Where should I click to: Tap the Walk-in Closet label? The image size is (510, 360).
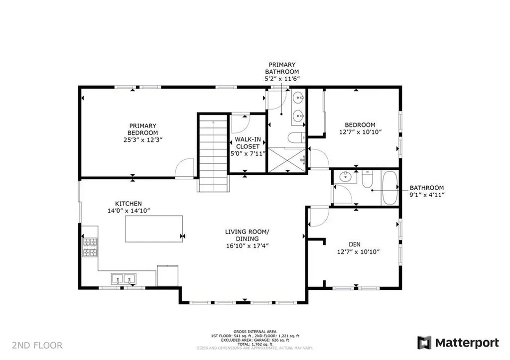click(x=247, y=143)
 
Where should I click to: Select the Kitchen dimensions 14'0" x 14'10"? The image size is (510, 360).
click(x=128, y=211)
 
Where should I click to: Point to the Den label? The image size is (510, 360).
click(x=355, y=244)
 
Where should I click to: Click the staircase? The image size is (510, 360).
click(x=214, y=152)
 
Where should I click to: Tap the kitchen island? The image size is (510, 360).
click(x=153, y=229)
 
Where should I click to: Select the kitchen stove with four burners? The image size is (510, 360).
click(x=90, y=247)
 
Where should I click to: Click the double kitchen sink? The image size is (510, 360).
click(x=123, y=278)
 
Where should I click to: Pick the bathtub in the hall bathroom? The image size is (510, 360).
click(x=389, y=188)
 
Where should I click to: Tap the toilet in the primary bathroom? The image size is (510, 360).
click(x=294, y=138)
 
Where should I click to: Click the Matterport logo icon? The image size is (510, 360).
click(x=424, y=343)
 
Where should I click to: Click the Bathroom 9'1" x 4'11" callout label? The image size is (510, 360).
click(x=427, y=191)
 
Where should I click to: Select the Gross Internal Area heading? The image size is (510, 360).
click(x=255, y=331)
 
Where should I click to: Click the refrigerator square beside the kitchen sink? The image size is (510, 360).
click(x=167, y=276)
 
